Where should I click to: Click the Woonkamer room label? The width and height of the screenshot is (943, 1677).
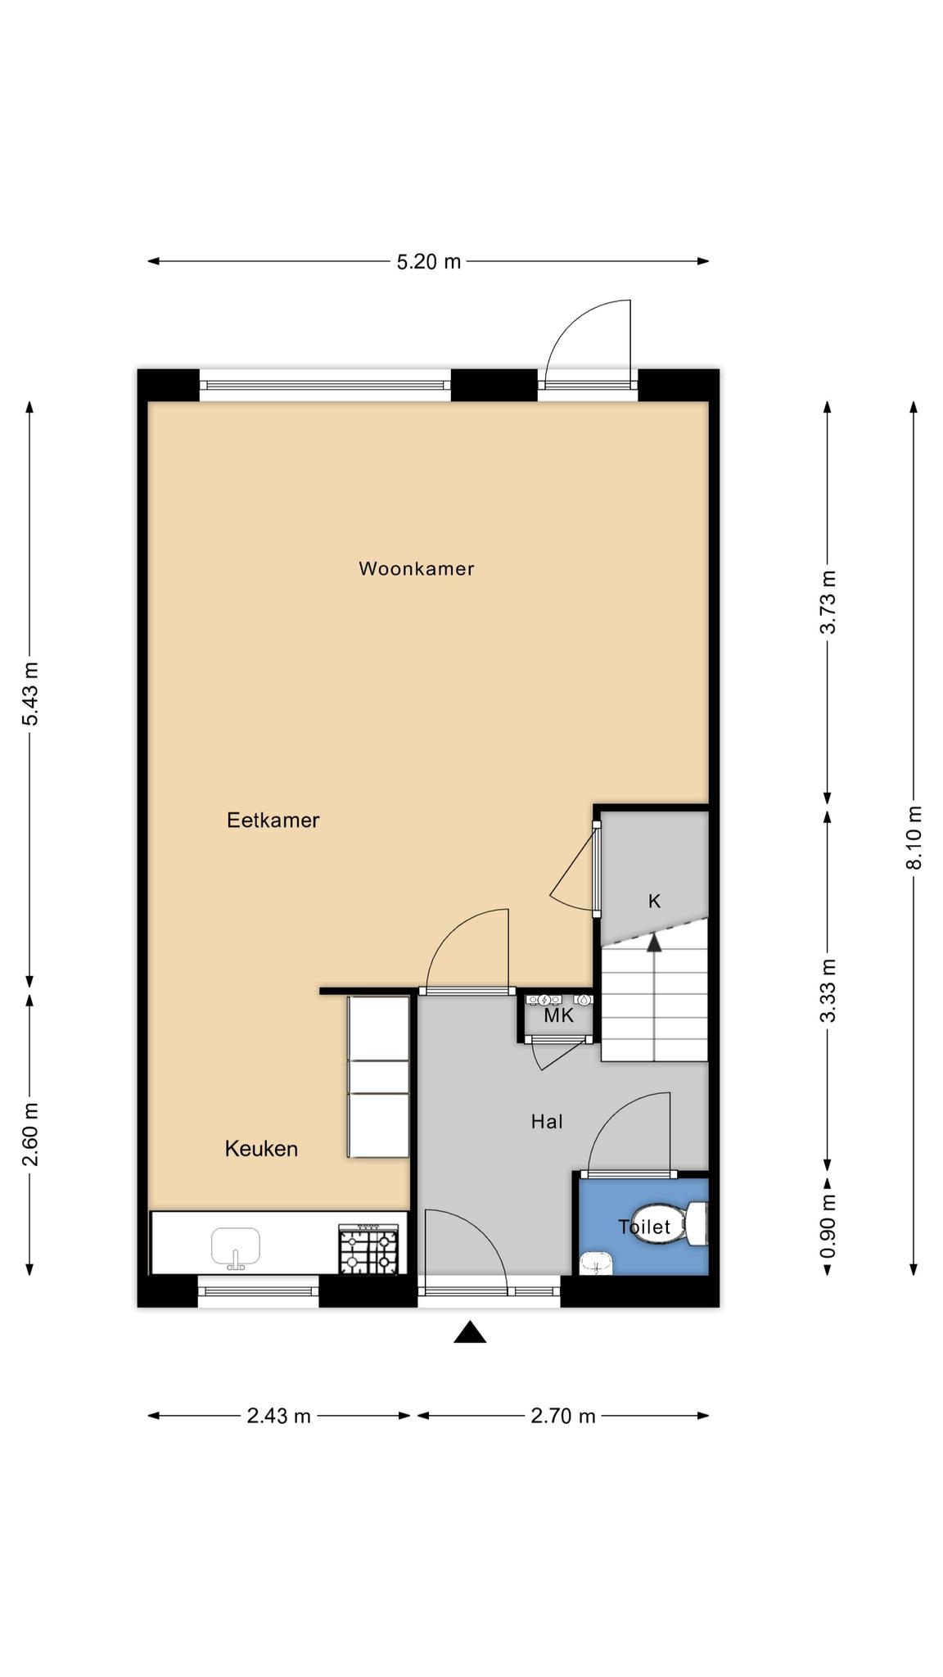[x=416, y=568]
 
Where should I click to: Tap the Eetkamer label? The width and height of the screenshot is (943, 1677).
[x=273, y=820]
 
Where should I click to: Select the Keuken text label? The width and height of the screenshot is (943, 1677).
[x=261, y=1149]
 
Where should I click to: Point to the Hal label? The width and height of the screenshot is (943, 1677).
[x=547, y=1122]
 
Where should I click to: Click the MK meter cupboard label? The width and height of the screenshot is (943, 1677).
[x=559, y=1016]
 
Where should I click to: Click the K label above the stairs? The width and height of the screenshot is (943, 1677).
[x=654, y=902]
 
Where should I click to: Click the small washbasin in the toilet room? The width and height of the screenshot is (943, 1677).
[x=597, y=1263]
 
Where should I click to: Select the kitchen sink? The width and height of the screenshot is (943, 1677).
[x=236, y=1247]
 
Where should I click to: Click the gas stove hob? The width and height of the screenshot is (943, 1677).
[x=369, y=1250]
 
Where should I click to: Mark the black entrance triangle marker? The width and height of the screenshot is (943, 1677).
[x=470, y=1332]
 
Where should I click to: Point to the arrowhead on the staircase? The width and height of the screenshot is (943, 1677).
[x=654, y=942]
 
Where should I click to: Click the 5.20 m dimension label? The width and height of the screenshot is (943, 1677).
[x=429, y=262]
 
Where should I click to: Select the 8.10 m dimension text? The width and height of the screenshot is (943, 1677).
[x=914, y=838]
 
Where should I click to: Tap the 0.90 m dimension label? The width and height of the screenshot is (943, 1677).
[x=828, y=1226]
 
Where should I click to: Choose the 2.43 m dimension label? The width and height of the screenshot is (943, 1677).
[x=279, y=1416]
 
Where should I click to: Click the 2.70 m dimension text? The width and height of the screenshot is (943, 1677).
[x=563, y=1416]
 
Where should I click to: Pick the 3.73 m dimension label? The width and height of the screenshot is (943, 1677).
[x=828, y=602]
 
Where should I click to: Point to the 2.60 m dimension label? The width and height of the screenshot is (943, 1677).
[x=29, y=1134]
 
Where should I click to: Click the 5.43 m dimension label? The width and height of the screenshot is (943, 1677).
[x=29, y=694]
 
